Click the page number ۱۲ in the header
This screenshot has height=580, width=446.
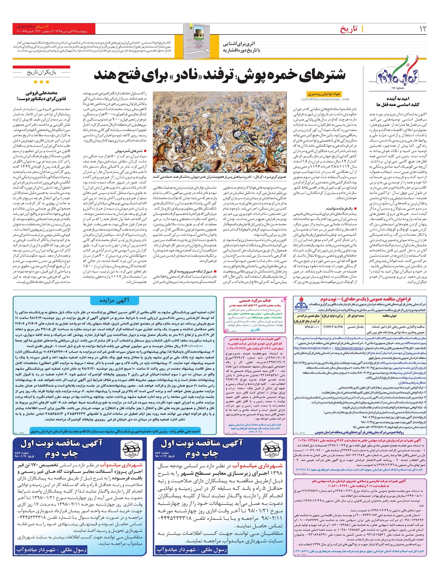[x=423, y=29]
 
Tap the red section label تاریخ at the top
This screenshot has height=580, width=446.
[x=349, y=29]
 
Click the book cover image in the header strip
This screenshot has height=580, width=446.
[x=195, y=41]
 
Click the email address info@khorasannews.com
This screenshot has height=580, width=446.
[x=325, y=100]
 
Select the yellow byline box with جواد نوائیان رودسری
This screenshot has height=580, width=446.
[x=324, y=94]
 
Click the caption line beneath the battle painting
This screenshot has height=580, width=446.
[x=220, y=177]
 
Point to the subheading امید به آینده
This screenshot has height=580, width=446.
[x=398, y=99]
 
